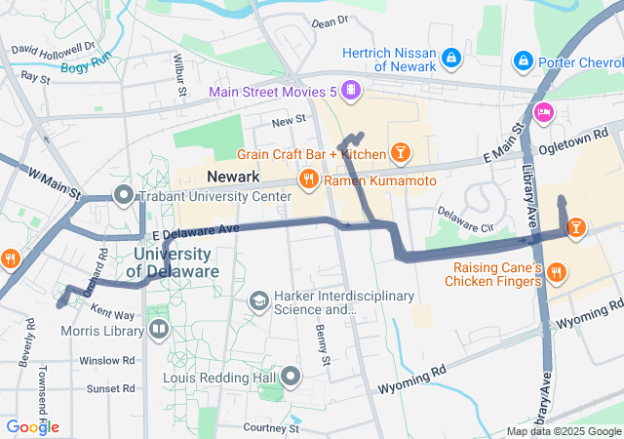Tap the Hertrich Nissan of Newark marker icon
click(451, 60)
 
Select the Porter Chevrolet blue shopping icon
click(524, 60)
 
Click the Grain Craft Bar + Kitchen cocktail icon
click(399, 152)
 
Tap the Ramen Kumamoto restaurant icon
click(309, 179)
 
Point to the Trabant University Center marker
click(124, 196)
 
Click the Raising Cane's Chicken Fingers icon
click(556, 271)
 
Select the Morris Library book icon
click(157, 329)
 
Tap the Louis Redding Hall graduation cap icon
click(292, 377)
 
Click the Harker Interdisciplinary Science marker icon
click(258, 301)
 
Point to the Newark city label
click(233, 177)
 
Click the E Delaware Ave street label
click(194, 232)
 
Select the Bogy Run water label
click(87, 63)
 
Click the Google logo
click(32, 427)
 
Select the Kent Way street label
click(112, 313)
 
